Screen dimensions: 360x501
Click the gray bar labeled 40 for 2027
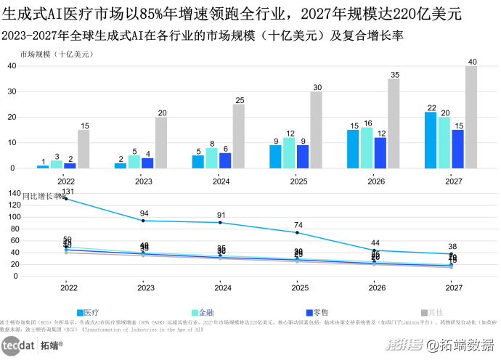[x=471, y=117]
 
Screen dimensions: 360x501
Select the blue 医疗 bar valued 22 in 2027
[x=431, y=140]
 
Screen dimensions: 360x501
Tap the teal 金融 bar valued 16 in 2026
[x=367, y=147]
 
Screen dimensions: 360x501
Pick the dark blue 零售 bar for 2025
[x=303, y=156]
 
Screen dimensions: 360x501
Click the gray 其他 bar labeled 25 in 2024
[x=239, y=136]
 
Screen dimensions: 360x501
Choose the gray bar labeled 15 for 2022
[x=83, y=149]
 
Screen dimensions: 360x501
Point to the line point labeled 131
[x=67, y=198]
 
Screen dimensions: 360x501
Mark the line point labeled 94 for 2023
[x=144, y=220]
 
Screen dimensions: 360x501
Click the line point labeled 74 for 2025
[x=298, y=232]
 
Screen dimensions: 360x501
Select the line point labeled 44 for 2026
[x=375, y=250]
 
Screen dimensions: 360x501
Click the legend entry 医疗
[x=86, y=311]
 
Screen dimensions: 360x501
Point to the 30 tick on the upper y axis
[x=12, y=91]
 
